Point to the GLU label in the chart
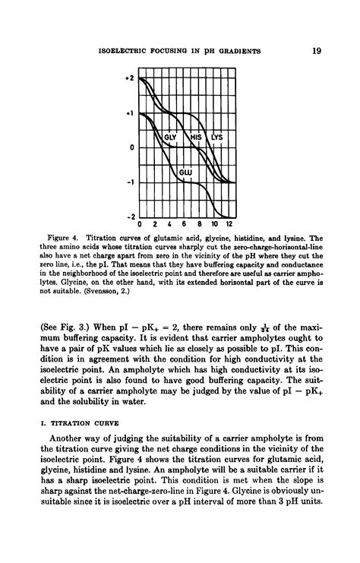(x=185, y=173)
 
